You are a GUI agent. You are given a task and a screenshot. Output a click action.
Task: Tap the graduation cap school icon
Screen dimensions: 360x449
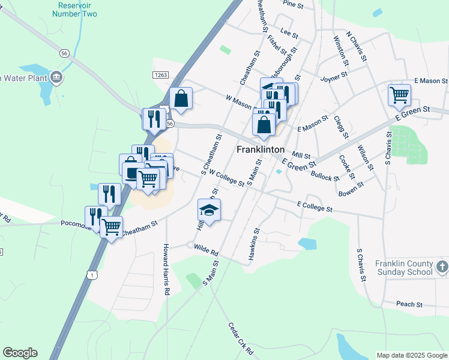209,210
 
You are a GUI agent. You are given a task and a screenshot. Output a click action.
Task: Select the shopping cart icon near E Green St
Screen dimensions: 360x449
399,94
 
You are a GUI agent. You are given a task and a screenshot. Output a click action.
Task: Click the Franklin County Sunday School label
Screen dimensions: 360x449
403,268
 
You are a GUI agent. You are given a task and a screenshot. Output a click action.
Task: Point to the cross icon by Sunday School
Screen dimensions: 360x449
441,266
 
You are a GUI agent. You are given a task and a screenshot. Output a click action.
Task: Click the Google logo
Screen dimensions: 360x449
20,353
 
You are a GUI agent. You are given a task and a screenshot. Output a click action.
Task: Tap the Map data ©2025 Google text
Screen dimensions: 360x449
412,355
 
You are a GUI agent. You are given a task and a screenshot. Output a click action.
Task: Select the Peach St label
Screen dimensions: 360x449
409,304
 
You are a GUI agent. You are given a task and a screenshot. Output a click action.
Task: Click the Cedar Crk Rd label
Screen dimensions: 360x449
241,339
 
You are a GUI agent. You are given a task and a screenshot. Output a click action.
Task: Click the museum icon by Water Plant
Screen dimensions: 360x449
56,77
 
